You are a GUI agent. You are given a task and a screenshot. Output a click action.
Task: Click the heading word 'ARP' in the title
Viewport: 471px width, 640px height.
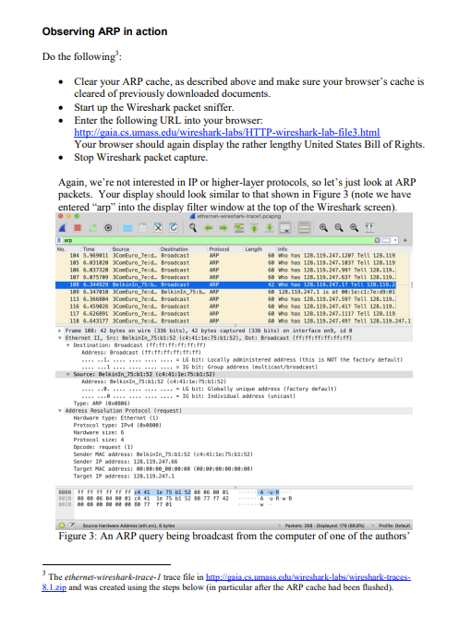[114, 31]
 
